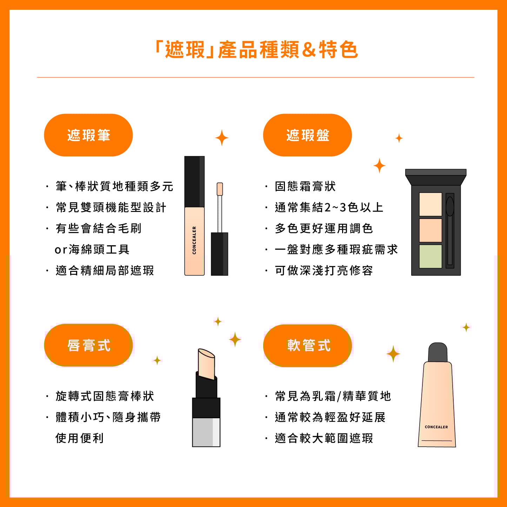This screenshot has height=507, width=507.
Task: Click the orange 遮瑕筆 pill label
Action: click(88, 135)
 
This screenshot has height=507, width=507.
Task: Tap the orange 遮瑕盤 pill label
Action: click(307, 135)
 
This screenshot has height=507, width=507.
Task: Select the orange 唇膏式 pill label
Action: click(88, 345)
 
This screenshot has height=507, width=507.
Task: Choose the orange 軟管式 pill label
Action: click(307, 346)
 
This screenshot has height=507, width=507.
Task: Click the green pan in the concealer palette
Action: click(431, 256)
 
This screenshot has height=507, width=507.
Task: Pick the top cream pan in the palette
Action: click(431, 205)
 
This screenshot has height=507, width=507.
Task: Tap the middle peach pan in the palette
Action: click(431, 231)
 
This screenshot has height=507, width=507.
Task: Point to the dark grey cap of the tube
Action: click(438, 352)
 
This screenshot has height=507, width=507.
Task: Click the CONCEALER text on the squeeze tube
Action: click(436, 427)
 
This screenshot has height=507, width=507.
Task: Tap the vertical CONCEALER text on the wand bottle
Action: click(194, 240)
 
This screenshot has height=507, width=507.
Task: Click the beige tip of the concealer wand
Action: click(220, 189)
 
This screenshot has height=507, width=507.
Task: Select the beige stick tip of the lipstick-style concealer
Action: click(207, 364)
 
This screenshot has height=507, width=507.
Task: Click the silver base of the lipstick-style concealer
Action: click(206, 432)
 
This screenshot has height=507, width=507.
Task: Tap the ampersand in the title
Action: click(309, 50)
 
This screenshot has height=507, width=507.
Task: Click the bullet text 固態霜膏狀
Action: click(305, 186)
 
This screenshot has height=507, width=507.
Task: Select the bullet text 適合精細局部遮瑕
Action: click(105, 271)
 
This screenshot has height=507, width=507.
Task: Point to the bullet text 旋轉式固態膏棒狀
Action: click(105, 396)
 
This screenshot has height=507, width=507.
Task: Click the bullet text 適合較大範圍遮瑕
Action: click(324, 438)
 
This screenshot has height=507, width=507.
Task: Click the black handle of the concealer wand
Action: click(219, 254)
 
